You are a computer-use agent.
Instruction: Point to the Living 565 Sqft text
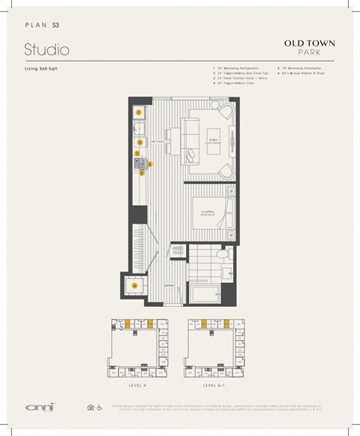pos(43,69)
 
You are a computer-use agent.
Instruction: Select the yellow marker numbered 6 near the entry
pos(135,285)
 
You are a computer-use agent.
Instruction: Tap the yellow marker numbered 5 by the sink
pos(139,140)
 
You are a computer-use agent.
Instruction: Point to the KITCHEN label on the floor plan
pos(158,141)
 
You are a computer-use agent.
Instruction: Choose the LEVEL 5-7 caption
pos(214,386)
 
